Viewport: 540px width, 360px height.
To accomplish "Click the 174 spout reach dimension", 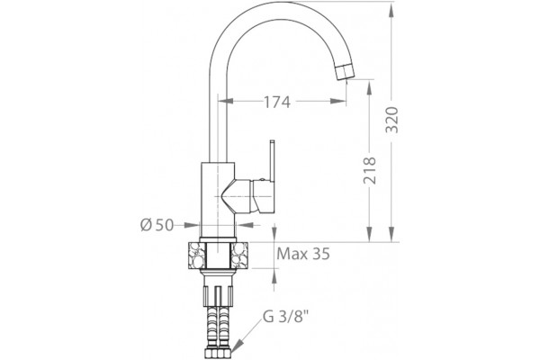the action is [277, 102].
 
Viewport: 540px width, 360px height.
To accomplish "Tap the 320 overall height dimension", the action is [391, 121].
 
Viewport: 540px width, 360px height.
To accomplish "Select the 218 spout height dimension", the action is [370, 170].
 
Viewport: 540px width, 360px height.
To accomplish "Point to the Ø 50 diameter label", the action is [157, 225].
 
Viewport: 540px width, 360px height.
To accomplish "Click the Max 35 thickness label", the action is [303, 254].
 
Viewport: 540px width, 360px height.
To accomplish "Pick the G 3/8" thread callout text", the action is [284, 317].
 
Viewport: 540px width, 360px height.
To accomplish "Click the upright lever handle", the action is [273, 160].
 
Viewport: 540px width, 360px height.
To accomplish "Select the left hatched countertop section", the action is [196, 256].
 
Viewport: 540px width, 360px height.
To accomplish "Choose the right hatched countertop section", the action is [239, 256].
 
